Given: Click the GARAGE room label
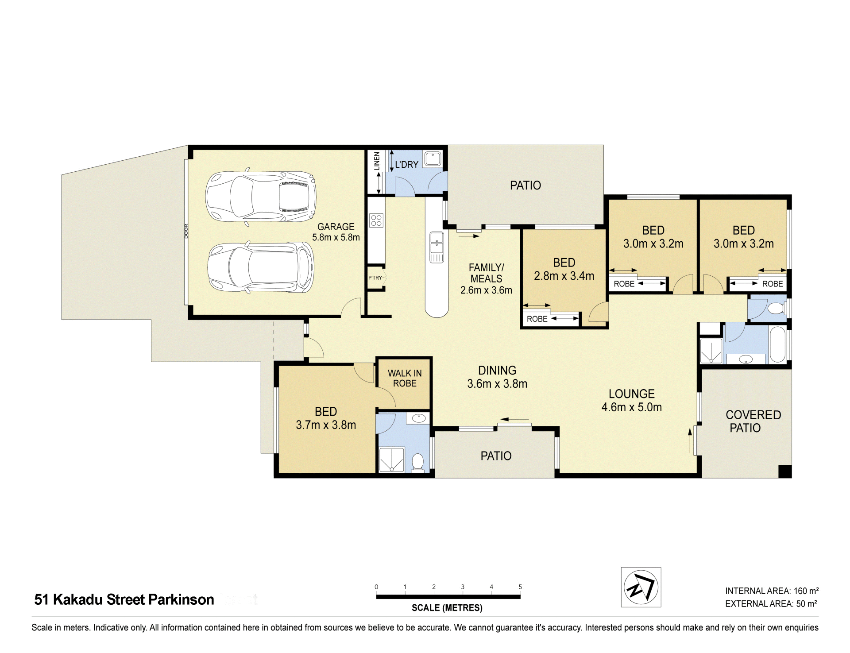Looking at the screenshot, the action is [x=336, y=227].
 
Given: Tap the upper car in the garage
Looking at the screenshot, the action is [x=261, y=197].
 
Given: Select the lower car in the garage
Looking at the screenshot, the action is [x=261, y=267].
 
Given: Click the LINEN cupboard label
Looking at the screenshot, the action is [x=377, y=161].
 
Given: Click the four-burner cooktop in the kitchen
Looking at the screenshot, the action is [x=376, y=220].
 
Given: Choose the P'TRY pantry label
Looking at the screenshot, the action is [x=375, y=278].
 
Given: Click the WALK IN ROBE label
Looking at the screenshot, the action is [x=405, y=379].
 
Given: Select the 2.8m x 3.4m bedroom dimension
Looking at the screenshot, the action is [x=564, y=276].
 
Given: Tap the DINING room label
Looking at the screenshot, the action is [x=497, y=371].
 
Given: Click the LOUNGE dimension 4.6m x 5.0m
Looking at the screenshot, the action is [x=632, y=407].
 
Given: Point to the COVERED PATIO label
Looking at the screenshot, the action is [x=753, y=421].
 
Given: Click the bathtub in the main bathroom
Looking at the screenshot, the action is [x=777, y=345].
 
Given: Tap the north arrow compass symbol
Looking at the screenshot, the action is [x=641, y=587].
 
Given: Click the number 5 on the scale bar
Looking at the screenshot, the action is [x=520, y=587].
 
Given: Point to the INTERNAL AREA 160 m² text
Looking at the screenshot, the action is [x=772, y=591].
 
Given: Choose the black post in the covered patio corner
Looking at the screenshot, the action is [x=785, y=471].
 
